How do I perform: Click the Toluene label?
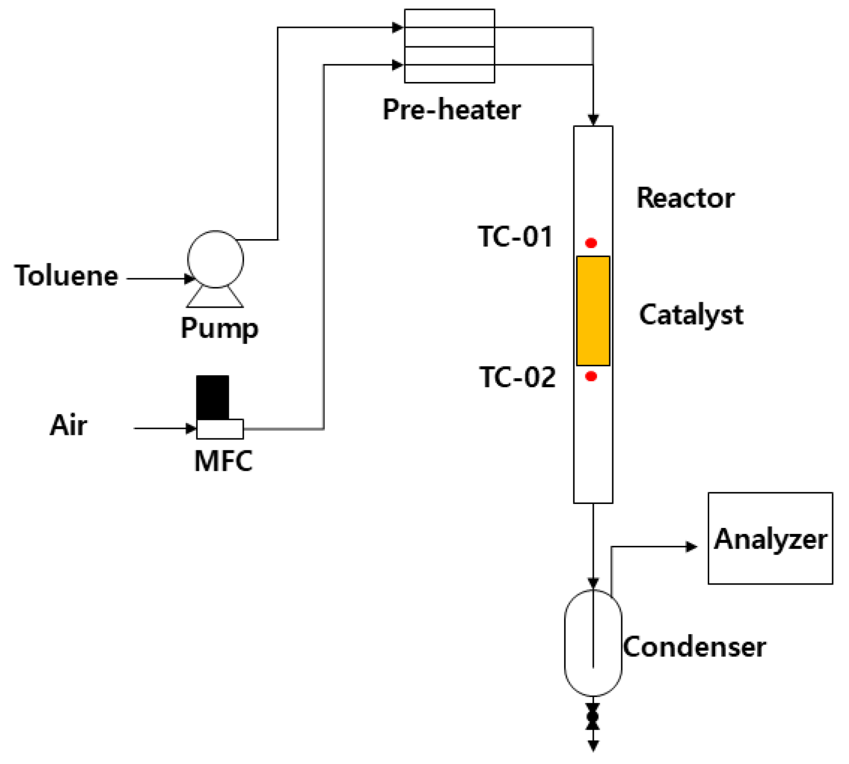pos(66,276)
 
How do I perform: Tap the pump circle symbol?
pos(215,259)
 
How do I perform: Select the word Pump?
pos(219,329)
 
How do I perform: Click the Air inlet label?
pos(68,425)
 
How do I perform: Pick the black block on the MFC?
pos(212,398)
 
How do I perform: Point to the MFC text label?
pos(223,461)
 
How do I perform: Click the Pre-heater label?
pos(451,110)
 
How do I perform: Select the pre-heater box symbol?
pos(449,46)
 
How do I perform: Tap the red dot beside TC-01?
pos(591,243)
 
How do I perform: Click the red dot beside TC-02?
pos(591,376)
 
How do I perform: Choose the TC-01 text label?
pos(515,237)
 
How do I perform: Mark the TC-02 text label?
pos(517,377)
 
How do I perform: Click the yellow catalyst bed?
pos(593,311)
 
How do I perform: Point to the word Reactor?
pos(685,198)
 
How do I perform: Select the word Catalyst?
pos(691,315)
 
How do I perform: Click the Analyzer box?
pos(770,538)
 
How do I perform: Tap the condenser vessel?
pos(593,643)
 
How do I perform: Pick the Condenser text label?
pos(694,647)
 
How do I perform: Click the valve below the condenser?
pos(593,717)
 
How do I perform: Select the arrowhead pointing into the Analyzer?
pos(691,547)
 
